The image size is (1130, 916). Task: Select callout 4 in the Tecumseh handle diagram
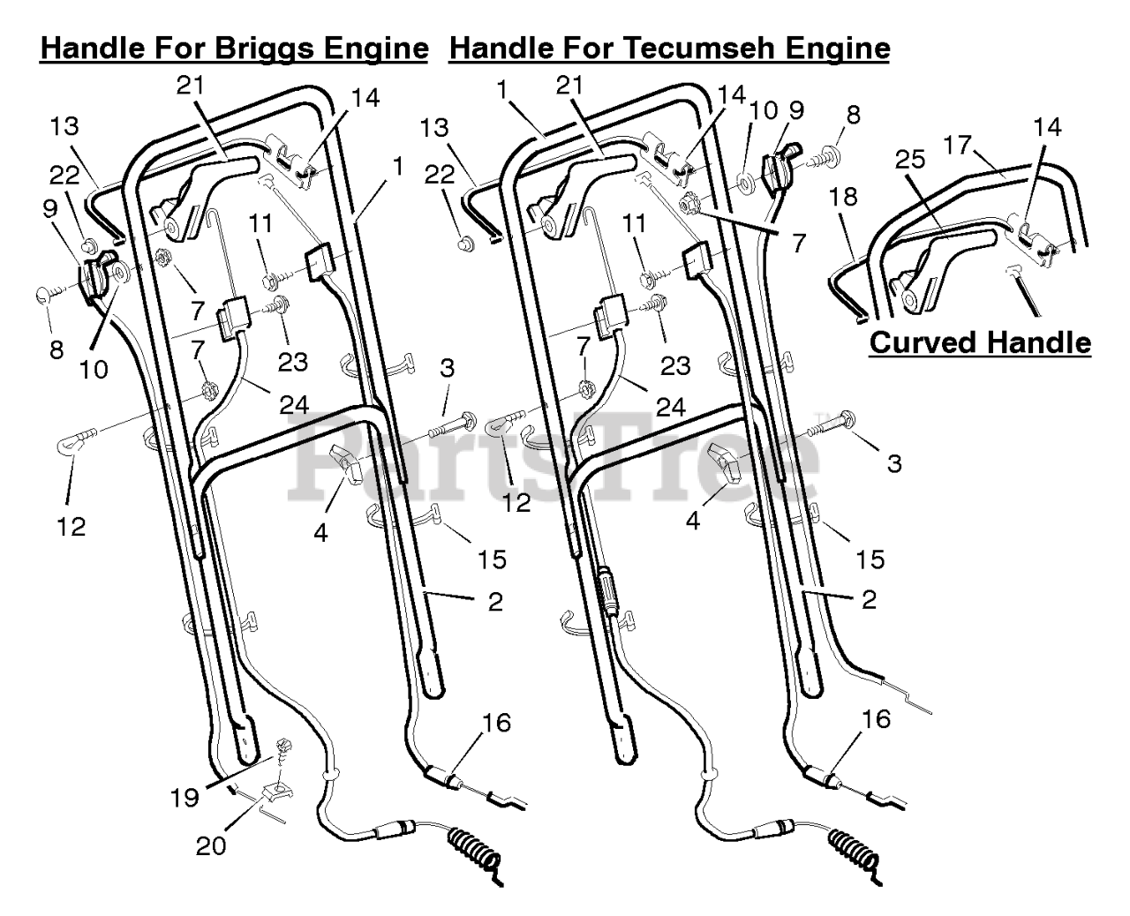pyautogui.click(x=693, y=521)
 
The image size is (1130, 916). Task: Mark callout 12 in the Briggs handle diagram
pyautogui.click(x=72, y=526)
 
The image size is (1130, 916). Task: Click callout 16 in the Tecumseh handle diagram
pyautogui.click(x=873, y=719)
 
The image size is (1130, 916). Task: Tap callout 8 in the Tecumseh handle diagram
pyautogui.click(x=852, y=115)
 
